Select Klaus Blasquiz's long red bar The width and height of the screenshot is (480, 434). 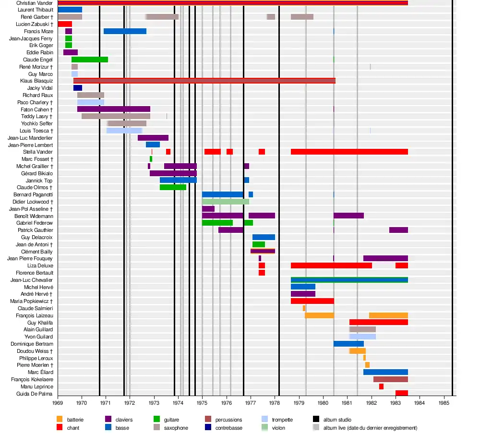click(x=204, y=81)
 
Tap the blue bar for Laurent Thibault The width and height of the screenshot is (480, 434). click(x=70, y=10)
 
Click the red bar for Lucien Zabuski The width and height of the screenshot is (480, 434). click(x=65, y=24)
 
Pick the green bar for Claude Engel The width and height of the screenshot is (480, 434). click(x=90, y=60)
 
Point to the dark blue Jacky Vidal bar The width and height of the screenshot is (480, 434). click(x=78, y=88)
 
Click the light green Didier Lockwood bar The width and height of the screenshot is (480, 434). click(x=225, y=202)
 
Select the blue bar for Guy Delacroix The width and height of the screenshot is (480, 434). click(x=264, y=237)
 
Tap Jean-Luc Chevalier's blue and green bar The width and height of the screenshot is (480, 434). click(x=349, y=280)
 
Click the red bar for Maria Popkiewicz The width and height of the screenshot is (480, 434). click(x=312, y=301)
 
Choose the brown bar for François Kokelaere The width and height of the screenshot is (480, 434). click(x=390, y=379)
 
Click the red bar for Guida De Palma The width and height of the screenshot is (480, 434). click(x=401, y=393)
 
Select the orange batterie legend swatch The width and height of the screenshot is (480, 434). click(x=60, y=420)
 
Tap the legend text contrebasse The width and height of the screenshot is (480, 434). click(x=231, y=428)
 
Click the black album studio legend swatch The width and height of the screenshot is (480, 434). click(x=316, y=420)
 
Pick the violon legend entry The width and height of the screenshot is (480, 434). click(x=278, y=428)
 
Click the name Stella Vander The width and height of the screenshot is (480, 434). click(x=38, y=152)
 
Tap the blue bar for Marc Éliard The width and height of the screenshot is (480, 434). click(x=385, y=372)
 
